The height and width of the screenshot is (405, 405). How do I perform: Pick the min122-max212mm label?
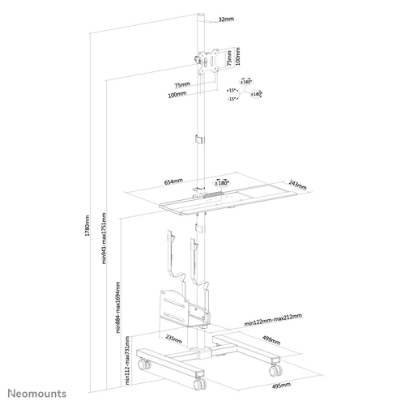(x=273, y=322)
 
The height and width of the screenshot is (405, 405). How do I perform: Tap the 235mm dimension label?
(x=173, y=339)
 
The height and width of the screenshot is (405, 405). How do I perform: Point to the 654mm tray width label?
(x=173, y=182)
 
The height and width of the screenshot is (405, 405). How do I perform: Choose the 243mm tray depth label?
(x=293, y=182)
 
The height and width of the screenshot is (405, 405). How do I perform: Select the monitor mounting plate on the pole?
(x=205, y=61)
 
